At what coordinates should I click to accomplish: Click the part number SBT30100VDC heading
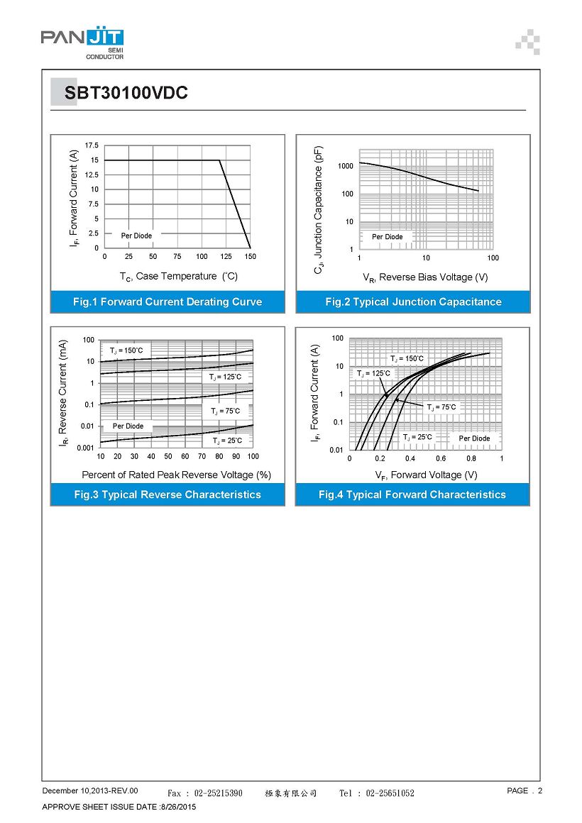126,93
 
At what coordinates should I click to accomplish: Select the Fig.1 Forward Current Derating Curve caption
168,302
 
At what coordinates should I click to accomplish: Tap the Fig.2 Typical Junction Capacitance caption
413,302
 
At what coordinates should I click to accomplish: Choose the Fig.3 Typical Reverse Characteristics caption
168,495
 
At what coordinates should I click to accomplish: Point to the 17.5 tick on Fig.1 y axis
92,145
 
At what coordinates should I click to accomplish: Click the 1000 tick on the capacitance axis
346,166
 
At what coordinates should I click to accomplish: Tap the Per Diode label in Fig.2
387,237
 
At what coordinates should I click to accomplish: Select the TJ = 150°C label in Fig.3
126,350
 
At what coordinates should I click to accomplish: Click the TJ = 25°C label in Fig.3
227,441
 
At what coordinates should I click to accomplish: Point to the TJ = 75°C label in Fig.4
441,407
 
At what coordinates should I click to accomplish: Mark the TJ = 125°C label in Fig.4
373,373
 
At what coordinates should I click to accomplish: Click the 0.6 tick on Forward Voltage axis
441,458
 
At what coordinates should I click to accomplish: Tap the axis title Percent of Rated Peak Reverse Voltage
176,475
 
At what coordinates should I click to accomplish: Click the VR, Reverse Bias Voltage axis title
425,277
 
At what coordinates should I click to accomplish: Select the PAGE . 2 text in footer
524,790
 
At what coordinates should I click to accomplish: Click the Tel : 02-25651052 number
376,793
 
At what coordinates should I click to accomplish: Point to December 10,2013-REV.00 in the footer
90,790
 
